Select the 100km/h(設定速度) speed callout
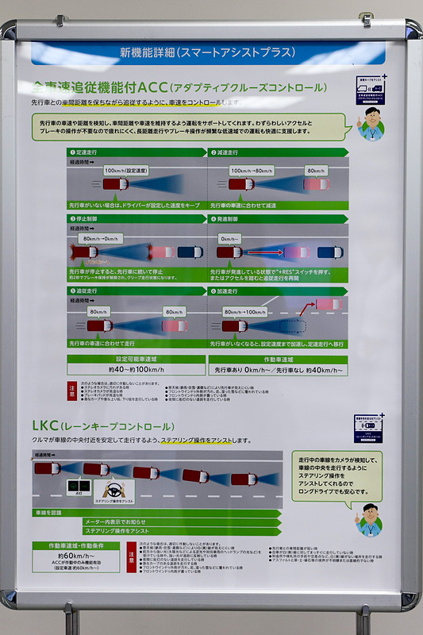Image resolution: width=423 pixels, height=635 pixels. [130, 170]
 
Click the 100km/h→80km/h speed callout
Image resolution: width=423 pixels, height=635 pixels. [252, 170]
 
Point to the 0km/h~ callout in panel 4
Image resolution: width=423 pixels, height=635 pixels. [230, 238]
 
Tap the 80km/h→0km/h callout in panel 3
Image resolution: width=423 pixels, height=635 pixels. [102, 238]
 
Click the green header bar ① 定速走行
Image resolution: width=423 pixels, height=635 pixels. [136, 152]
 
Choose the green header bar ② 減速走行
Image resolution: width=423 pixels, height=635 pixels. [277, 152]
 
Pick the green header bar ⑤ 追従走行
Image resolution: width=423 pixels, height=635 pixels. [136, 291]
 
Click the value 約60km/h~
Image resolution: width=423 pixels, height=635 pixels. [76, 556]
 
